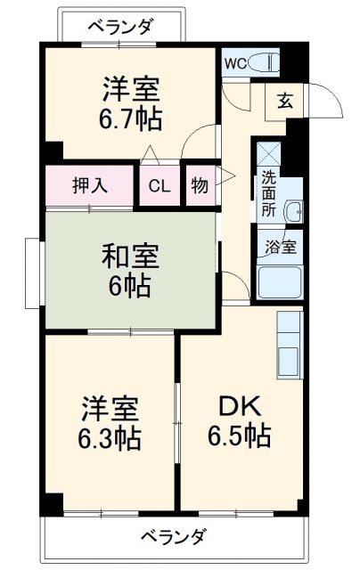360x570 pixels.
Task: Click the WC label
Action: [x=235, y=62]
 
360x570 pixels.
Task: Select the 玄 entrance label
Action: [x=284, y=100]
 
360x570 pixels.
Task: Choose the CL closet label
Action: [x=160, y=186]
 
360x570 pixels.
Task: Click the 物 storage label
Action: [x=200, y=186]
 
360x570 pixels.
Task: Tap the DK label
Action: [x=239, y=407]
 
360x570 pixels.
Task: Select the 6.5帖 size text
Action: [x=240, y=436]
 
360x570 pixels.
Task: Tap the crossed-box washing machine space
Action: [x=269, y=153]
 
